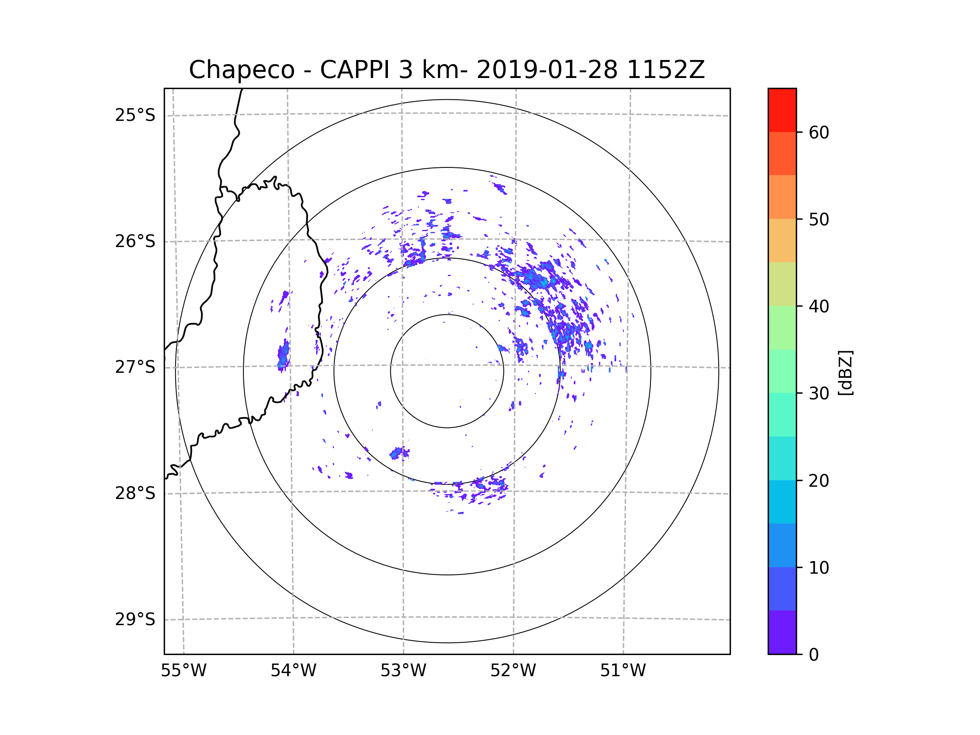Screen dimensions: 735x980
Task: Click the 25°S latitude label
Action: click(x=135, y=115)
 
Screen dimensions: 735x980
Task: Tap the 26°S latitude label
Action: click(x=135, y=241)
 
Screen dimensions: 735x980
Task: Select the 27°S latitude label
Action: click(x=135, y=367)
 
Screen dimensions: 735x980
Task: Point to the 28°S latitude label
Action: click(x=135, y=493)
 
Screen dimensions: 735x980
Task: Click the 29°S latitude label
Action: click(x=135, y=619)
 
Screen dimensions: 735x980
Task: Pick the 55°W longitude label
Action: click(x=183, y=671)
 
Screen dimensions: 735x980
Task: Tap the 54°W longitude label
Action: click(x=293, y=671)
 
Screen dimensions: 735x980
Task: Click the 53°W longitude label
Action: click(x=403, y=671)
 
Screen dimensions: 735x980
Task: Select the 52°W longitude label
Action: click(x=513, y=671)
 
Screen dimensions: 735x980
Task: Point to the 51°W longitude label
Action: click(x=623, y=671)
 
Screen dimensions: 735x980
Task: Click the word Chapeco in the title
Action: click(x=241, y=70)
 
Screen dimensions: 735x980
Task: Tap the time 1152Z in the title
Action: click(x=666, y=70)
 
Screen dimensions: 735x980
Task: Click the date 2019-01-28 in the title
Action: click(x=547, y=70)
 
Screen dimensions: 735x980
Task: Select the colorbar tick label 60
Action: click(x=819, y=132)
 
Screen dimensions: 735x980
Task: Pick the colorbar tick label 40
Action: click(x=819, y=307)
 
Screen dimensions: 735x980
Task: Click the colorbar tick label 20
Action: click(x=819, y=481)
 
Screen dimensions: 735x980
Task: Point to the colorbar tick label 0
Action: click(x=814, y=655)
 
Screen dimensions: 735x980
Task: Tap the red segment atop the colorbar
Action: click(x=782, y=110)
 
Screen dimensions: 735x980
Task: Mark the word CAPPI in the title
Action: click(x=354, y=70)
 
